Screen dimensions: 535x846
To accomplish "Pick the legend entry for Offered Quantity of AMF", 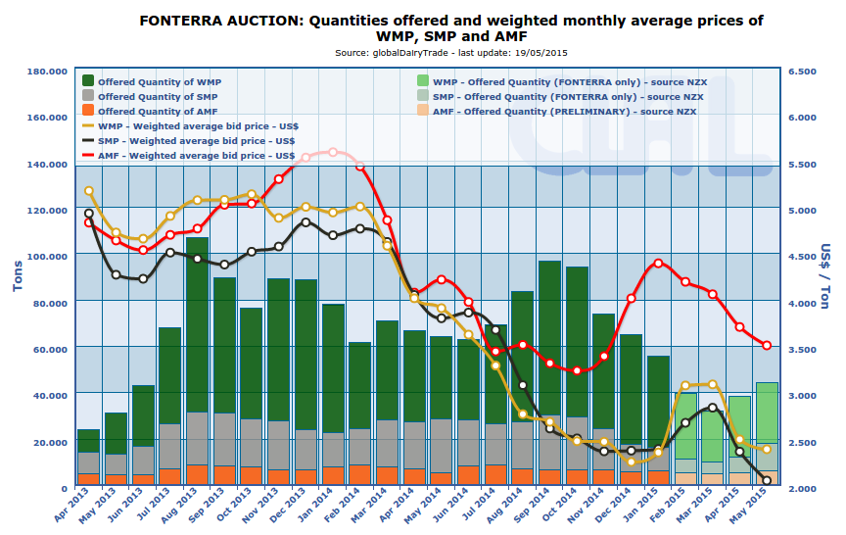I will tap(158, 112).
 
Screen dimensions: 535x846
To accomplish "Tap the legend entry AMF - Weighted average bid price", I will tap(197, 155).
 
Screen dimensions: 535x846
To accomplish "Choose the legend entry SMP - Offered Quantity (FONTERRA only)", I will tap(568, 97).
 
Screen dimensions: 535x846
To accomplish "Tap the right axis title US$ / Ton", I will tap(824, 277).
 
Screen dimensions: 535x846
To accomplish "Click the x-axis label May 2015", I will tap(757, 510).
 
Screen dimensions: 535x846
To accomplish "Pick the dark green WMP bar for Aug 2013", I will tap(197, 323).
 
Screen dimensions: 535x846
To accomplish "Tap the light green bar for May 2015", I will tap(767, 412).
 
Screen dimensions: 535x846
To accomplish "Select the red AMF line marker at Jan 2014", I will tap(333, 152).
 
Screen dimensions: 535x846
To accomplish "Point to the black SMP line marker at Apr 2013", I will tap(89, 214).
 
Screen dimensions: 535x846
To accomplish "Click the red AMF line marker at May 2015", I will tap(767, 345).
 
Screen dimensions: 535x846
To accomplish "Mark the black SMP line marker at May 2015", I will tap(767, 480).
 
